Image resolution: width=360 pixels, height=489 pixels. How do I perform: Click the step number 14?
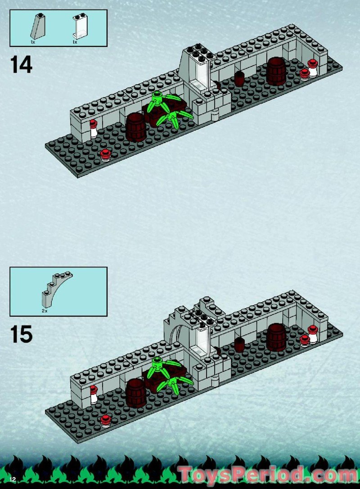click(21, 65)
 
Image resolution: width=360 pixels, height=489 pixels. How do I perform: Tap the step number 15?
click(21, 334)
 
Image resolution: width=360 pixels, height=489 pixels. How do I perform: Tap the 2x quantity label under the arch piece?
click(45, 310)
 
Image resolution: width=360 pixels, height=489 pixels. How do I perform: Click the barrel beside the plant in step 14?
click(135, 127)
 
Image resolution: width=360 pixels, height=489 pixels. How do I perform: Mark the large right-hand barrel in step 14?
click(276, 71)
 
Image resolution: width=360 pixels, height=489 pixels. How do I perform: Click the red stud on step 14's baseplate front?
click(106, 155)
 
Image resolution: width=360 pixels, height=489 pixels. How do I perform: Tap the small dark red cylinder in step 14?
click(239, 78)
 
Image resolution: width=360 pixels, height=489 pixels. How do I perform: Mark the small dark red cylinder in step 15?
click(239, 344)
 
